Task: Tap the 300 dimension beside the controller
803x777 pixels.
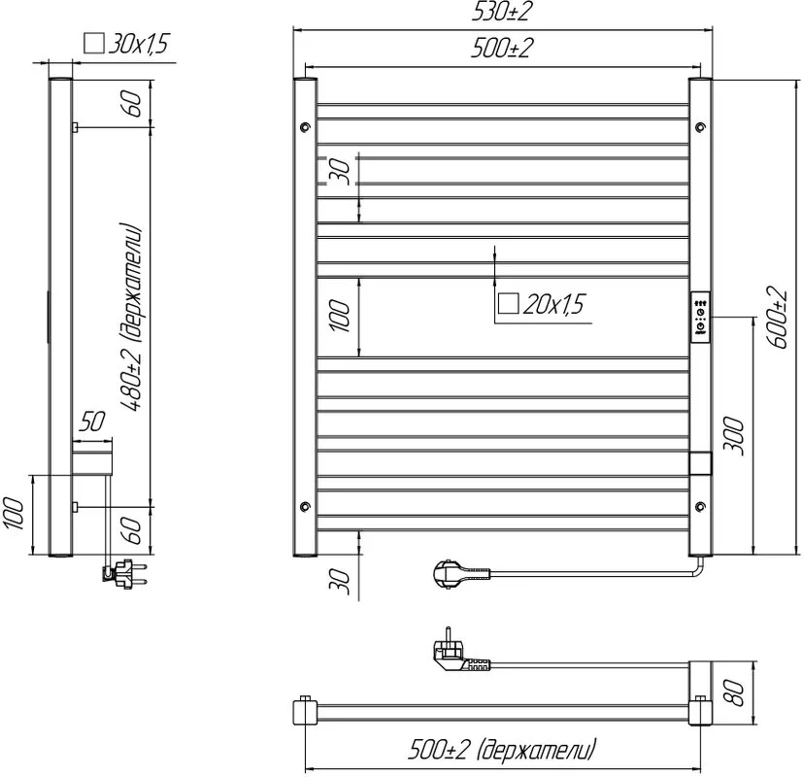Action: [x=733, y=435]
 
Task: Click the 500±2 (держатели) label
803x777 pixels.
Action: [x=502, y=751]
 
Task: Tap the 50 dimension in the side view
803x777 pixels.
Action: [x=91, y=422]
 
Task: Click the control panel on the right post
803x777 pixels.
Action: [x=700, y=317]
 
